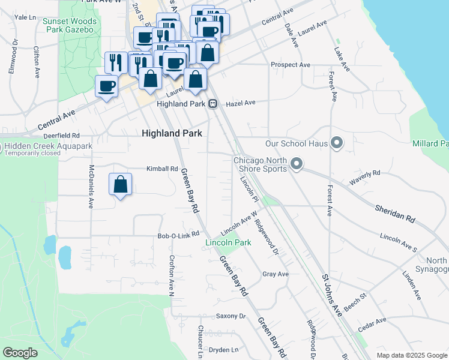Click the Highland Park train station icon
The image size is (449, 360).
(x=212, y=104)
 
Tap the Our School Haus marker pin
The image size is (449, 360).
(x=337, y=143)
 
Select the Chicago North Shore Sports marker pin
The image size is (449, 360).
(x=296, y=163)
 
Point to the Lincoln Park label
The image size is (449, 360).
(x=228, y=243)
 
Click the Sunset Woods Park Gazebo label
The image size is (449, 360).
(x=68, y=25)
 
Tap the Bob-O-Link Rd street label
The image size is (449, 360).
(x=178, y=235)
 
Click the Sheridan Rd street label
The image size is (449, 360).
(x=395, y=212)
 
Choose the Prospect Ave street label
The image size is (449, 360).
(x=291, y=65)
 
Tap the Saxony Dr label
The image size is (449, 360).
(x=231, y=316)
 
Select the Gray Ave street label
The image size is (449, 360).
(x=276, y=274)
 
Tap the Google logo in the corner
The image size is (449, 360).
(x=20, y=353)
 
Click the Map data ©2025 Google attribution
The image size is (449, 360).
(x=411, y=355)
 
